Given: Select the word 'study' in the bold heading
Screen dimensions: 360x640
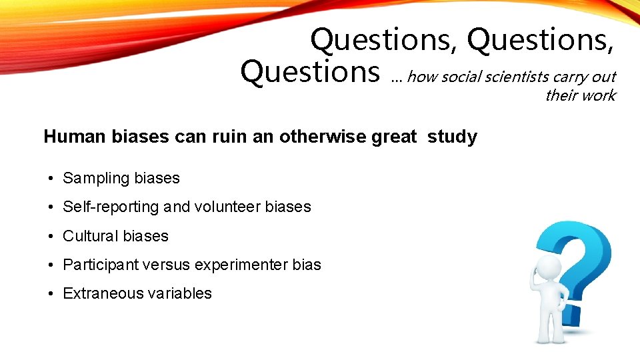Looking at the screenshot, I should pyautogui.click(x=452, y=137).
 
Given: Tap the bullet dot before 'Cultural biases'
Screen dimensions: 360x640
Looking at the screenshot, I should pyautogui.click(x=51, y=237).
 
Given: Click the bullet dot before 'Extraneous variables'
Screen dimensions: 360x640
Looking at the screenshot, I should pyautogui.click(x=51, y=294).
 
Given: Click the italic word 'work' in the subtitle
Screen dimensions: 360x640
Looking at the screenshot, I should pyautogui.click(x=600, y=95).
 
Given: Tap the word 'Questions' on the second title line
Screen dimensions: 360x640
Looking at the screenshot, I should pyautogui.click(x=310, y=71).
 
